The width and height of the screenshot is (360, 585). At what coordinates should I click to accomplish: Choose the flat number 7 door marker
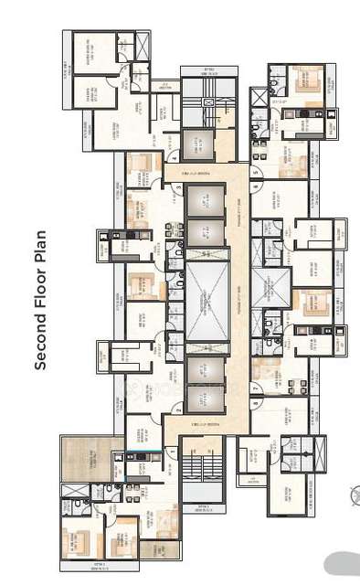pyautogui.click(x=254, y=388)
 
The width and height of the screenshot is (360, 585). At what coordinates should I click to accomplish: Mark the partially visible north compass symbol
pyautogui.click(x=355, y=495)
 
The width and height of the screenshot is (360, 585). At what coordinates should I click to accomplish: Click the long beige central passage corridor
pyautogui.click(x=237, y=292)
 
